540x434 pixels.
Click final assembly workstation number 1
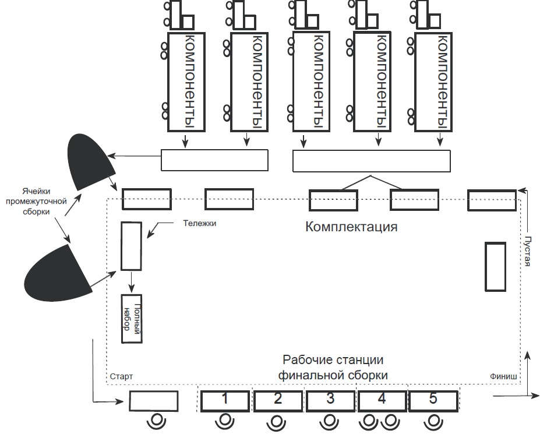[x=225, y=400]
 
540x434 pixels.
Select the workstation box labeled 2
[x=278, y=400]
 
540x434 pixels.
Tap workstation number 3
[x=330, y=400]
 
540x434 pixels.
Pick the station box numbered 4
[x=382, y=400]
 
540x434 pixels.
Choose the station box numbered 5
[x=433, y=400]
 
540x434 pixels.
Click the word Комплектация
[x=351, y=227]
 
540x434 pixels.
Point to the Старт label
[x=121, y=376]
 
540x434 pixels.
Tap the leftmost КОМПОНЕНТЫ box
[x=188, y=82]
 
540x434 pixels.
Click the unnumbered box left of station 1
[x=153, y=401]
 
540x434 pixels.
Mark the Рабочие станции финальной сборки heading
[x=333, y=368]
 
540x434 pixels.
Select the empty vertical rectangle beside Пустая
[x=495, y=266]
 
